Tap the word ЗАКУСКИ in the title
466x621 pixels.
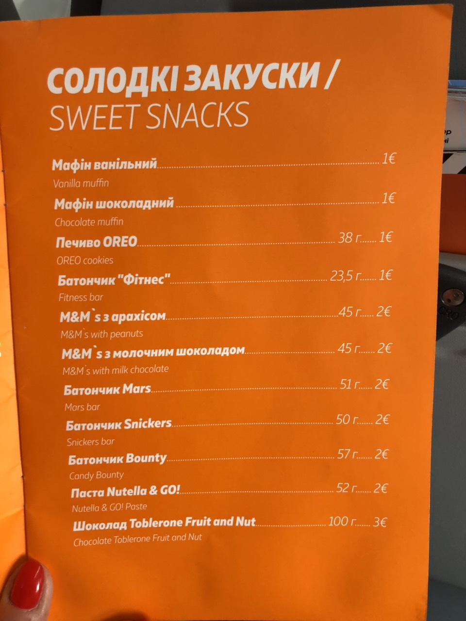[x=253, y=78]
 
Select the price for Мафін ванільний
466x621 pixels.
[x=388, y=159]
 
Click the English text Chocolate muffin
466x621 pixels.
[x=89, y=222]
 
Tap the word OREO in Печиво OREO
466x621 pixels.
[x=118, y=242]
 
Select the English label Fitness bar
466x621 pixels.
[x=81, y=297]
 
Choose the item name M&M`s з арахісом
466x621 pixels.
[x=113, y=317]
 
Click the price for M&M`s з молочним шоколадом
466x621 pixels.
[x=384, y=348]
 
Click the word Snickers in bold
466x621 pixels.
[x=148, y=424]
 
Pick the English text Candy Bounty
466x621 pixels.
[x=96, y=475]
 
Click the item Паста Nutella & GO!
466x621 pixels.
[x=125, y=492]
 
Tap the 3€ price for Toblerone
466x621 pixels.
[x=380, y=523]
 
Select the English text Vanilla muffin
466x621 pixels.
[x=81, y=184]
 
